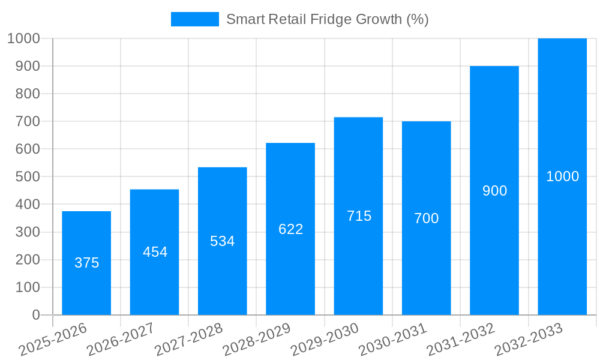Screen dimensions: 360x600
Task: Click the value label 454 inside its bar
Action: [155, 252]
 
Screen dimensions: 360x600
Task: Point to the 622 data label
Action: [290, 229]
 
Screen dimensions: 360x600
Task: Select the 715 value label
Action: [359, 216]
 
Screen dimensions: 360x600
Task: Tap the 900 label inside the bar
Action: [494, 191]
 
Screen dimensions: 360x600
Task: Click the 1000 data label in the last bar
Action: [562, 176]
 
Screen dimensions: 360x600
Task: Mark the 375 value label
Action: [86, 263]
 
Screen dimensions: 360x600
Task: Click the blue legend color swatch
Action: [194, 19]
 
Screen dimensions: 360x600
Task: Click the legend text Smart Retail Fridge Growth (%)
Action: [327, 19]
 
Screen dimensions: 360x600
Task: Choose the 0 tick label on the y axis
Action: [35, 315]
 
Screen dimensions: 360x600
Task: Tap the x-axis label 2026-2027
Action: [121, 339]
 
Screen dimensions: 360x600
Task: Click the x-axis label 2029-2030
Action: [325, 339]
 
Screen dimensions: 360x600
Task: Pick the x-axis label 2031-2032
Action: [461, 339]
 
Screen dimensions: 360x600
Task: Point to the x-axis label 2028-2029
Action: [257, 339]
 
